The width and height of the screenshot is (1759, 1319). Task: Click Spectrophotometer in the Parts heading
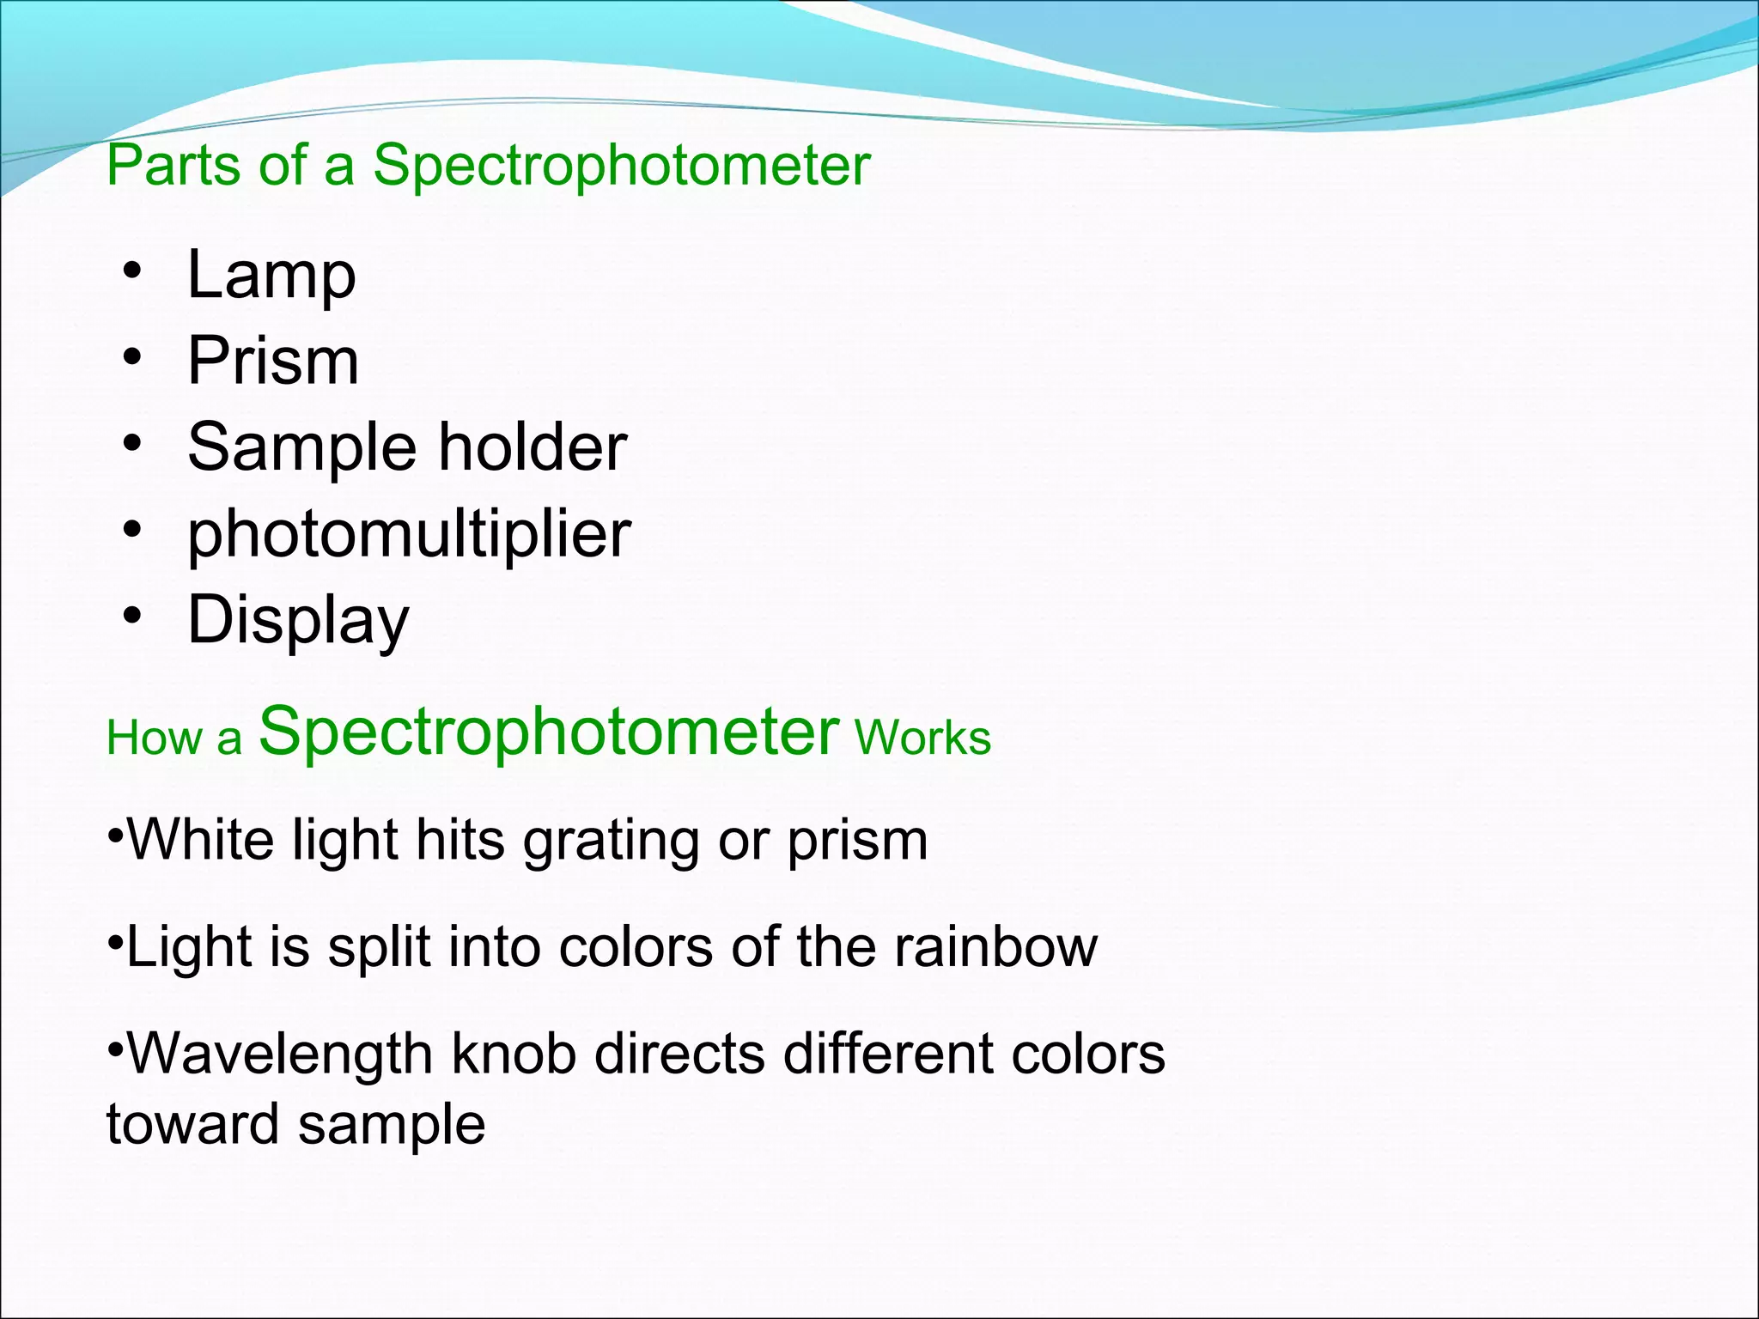pyautogui.click(x=622, y=166)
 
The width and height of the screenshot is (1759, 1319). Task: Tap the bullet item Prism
pyautogui.click(x=273, y=362)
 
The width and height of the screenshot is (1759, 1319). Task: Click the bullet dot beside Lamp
pyautogui.click(x=131, y=272)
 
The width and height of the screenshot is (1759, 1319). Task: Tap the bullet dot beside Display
pyautogui.click(x=131, y=616)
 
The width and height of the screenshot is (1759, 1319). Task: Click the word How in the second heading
pyautogui.click(x=155, y=738)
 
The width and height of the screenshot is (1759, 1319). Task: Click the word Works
pyautogui.click(x=922, y=738)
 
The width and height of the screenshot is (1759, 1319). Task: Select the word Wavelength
pyautogui.click(x=279, y=1055)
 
